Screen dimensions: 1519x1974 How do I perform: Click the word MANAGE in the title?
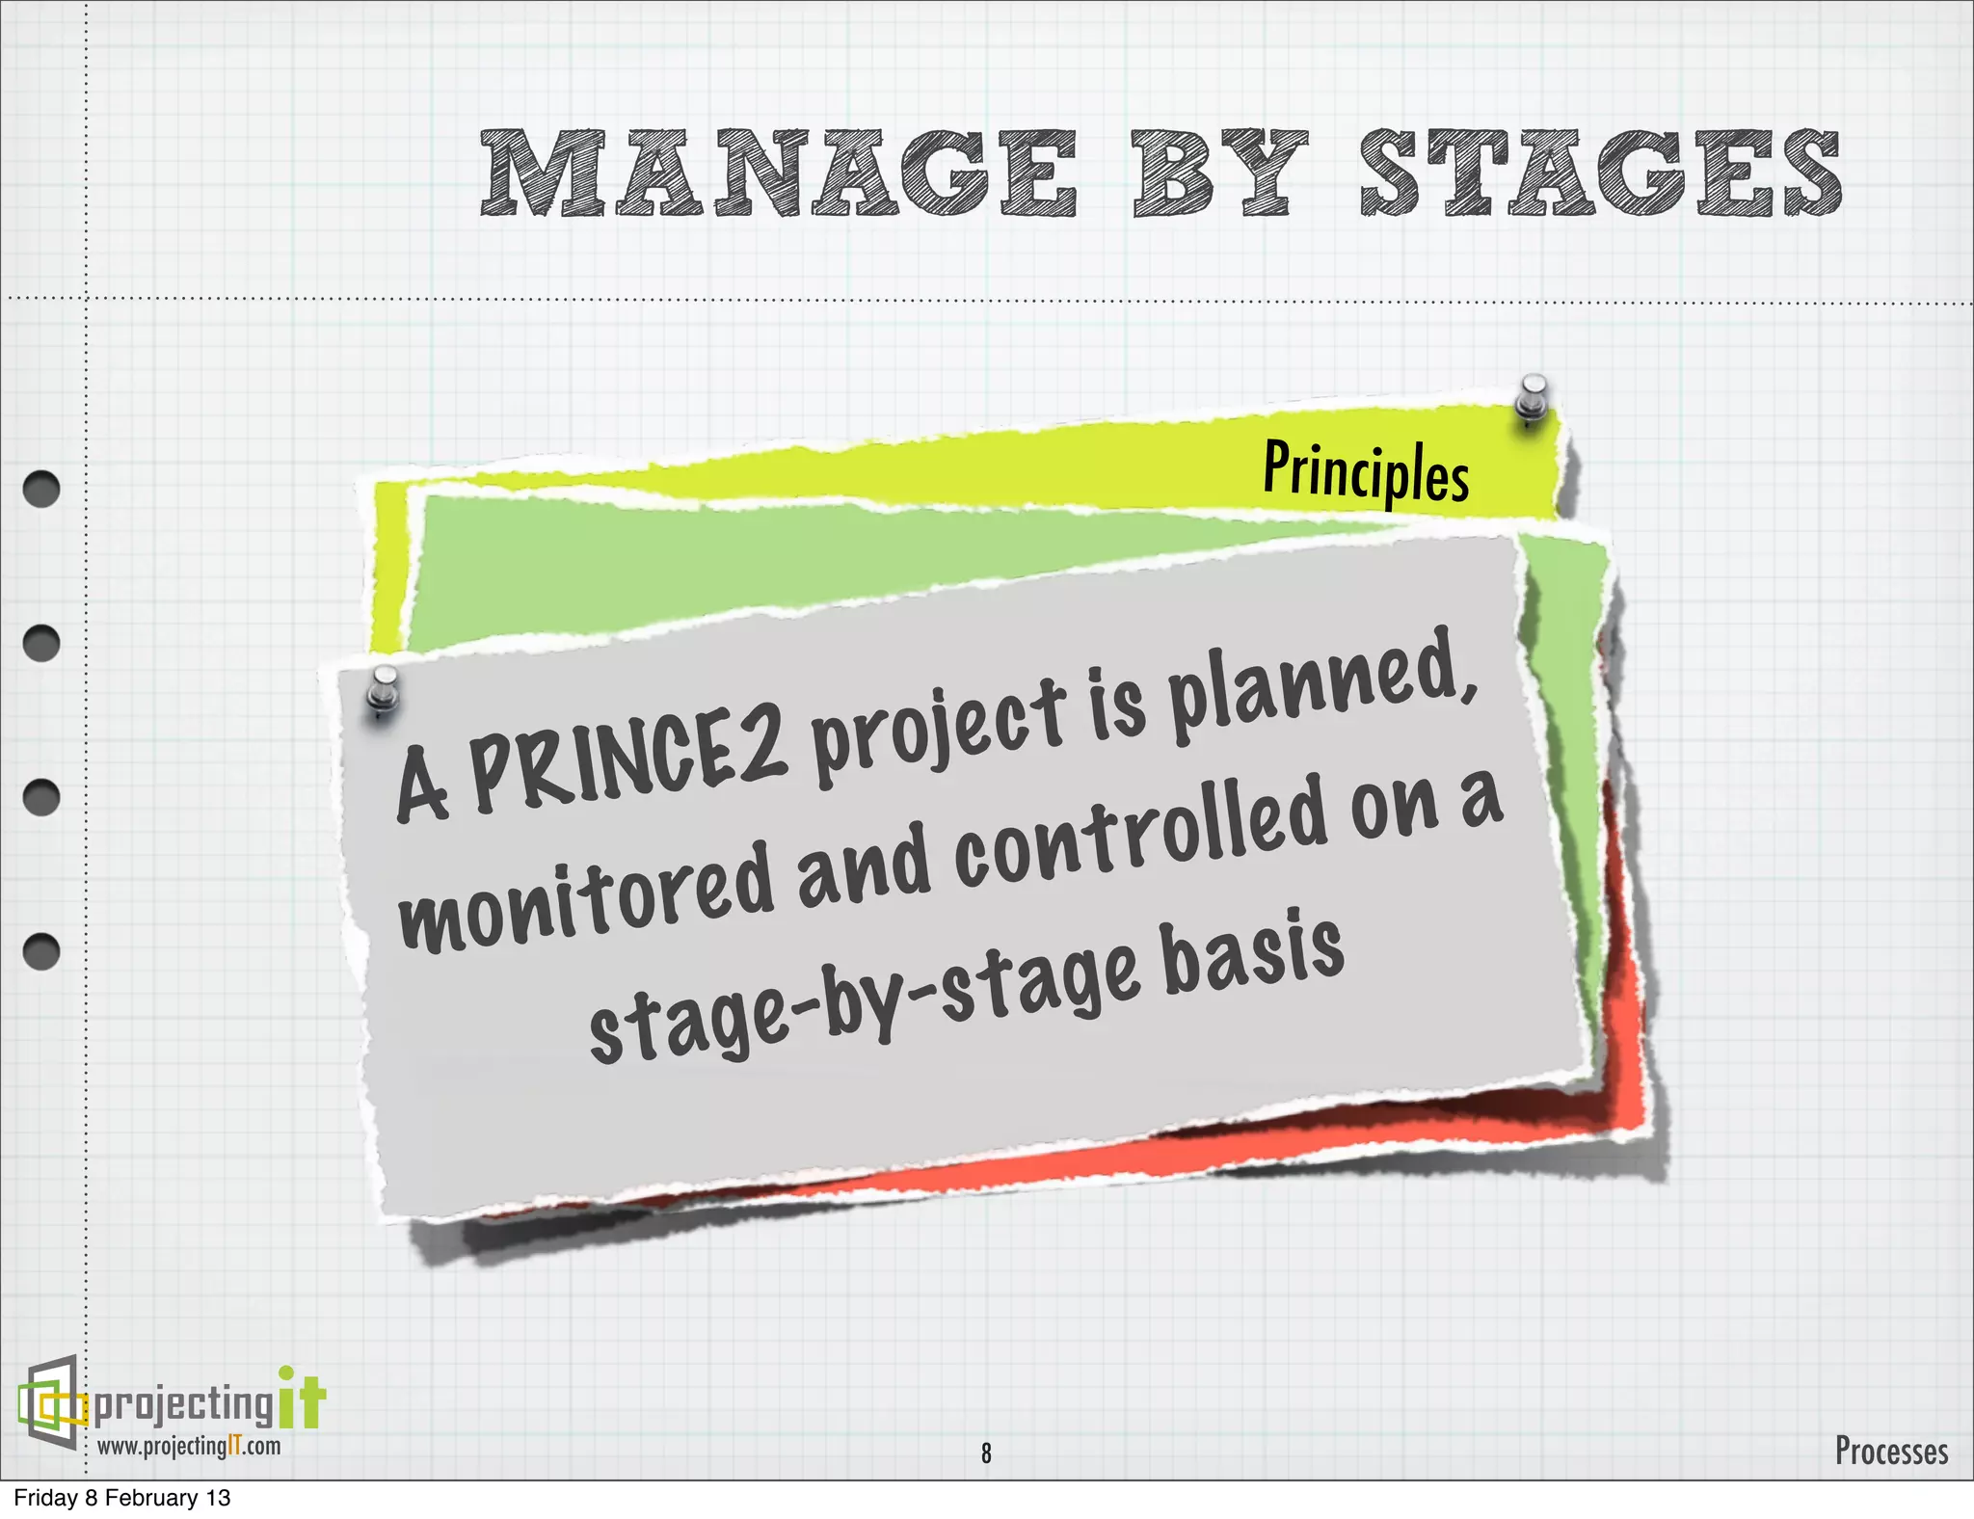click(x=779, y=173)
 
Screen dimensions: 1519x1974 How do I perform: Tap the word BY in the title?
click(x=1218, y=173)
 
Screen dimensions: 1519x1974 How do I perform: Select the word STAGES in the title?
click(x=1600, y=173)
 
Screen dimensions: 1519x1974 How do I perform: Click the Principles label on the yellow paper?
click(x=1366, y=471)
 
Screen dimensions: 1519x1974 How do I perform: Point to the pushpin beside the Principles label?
click(x=1531, y=399)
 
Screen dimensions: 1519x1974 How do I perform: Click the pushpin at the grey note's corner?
click(x=384, y=690)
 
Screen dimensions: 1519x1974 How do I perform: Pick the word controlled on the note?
click(x=1142, y=837)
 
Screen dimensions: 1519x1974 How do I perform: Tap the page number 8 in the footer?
click(x=986, y=1452)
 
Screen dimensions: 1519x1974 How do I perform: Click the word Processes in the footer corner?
click(x=1891, y=1451)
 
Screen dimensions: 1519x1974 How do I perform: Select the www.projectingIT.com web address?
click(x=189, y=1447)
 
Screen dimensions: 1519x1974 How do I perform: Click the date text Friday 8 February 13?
click(x=122, y=1498)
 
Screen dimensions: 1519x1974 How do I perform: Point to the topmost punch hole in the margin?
click(x=41, y=489)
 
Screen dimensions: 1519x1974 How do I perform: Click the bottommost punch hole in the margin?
click(x=41, y=951)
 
